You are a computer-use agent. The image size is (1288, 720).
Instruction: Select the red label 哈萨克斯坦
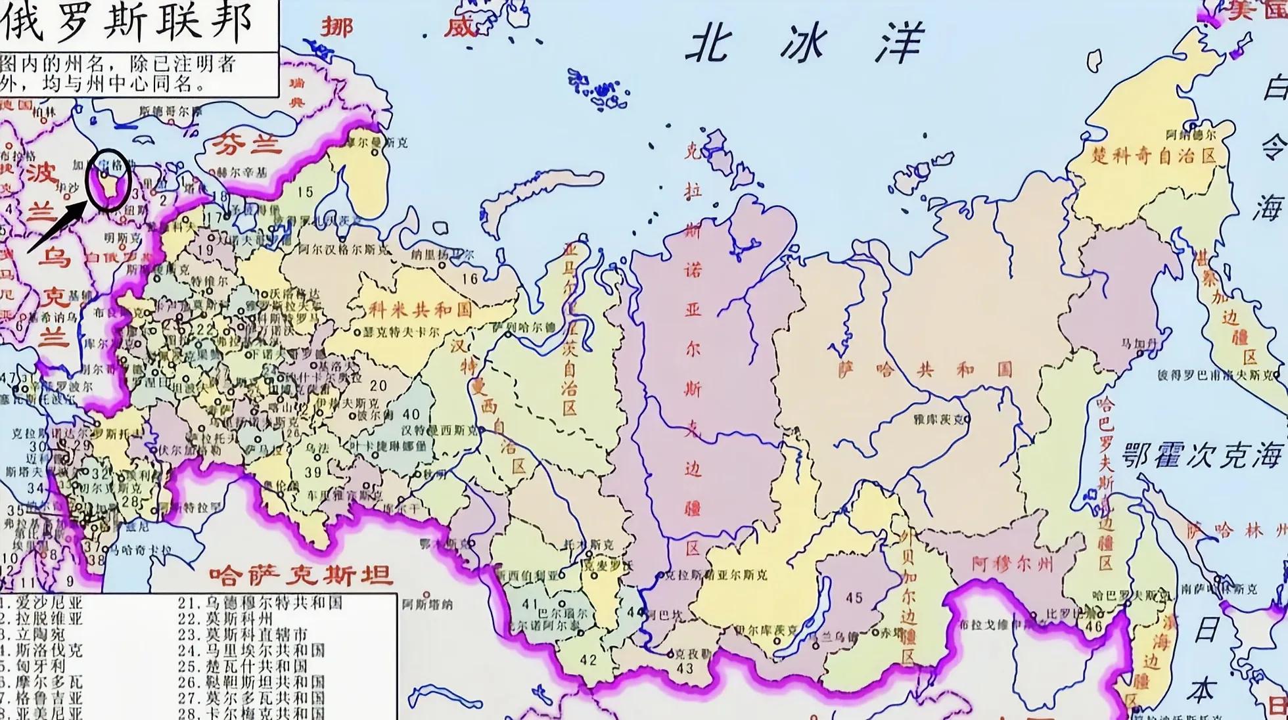click(x=301, y=575)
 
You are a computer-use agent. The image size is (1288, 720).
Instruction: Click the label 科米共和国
click(x=421, y=309)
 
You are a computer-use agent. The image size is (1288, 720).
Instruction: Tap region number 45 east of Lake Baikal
click(x=854, y=598)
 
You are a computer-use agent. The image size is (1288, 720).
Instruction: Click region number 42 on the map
click(x=588, y=660)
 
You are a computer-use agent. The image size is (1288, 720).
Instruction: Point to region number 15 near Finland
click(x=305, y=192)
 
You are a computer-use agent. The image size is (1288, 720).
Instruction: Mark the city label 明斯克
click(x=123, y=237)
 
